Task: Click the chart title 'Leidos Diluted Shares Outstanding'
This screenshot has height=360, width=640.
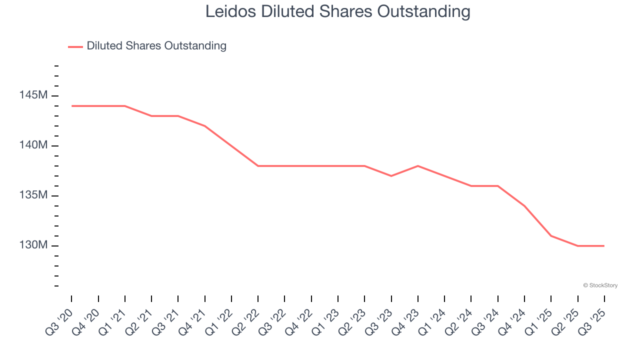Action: (x=338, y=11)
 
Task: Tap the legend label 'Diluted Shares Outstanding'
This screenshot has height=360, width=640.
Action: (x=156, y=46)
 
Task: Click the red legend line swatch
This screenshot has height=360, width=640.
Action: (x=75, y=46)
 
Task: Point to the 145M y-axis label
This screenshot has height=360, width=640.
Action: (x=34, y=95)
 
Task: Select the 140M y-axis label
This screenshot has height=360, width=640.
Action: (x=34, y=145)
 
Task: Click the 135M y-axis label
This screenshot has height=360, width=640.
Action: (x=34, y=195)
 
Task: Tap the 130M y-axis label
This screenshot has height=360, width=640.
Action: (x=34, y=245)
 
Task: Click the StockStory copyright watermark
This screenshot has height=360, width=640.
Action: (x=600, y=285)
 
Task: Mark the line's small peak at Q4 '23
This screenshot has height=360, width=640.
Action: (x=418, y=166)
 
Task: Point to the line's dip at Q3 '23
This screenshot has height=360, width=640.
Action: (x=391, y=176)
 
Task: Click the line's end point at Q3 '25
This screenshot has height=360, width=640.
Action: (x=604, y=246)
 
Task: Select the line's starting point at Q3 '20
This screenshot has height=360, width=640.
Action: (x=71, y=106)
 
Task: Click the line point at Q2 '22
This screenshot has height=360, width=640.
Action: (x=258, y=166)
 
